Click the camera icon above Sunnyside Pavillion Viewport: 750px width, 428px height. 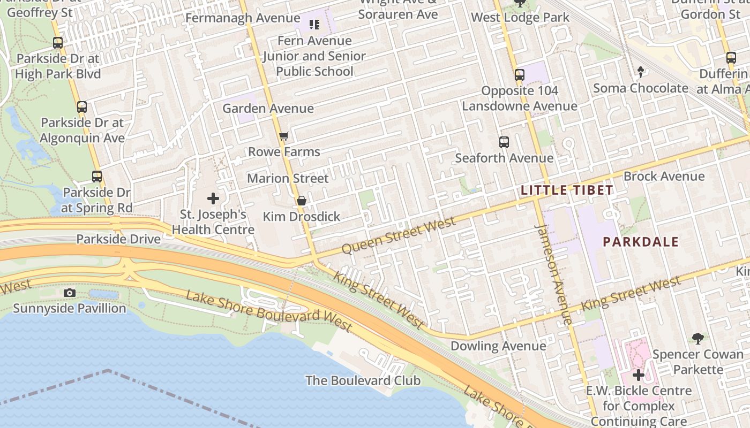69,293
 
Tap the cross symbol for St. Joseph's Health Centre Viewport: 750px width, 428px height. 213,198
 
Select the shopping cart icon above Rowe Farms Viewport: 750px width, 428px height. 284,136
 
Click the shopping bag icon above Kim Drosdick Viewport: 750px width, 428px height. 302,201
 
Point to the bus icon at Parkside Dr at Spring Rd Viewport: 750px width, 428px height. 97,176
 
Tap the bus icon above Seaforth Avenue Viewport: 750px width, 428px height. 504,142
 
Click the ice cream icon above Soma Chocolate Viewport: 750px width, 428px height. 640,72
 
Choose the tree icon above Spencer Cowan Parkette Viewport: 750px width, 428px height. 697,338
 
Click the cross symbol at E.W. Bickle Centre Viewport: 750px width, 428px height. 638,375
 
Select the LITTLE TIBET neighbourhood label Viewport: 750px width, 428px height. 567,190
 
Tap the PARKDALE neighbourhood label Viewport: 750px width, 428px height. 641,242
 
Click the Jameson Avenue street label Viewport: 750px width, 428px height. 554,274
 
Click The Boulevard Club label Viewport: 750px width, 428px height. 363,380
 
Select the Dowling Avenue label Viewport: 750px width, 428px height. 498,346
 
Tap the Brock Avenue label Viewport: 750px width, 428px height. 664,176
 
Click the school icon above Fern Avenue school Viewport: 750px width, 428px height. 314,24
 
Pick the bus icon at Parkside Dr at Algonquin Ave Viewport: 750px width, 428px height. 82,106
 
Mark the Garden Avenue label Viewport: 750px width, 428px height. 268,108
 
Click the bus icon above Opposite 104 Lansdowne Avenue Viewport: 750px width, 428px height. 520,75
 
